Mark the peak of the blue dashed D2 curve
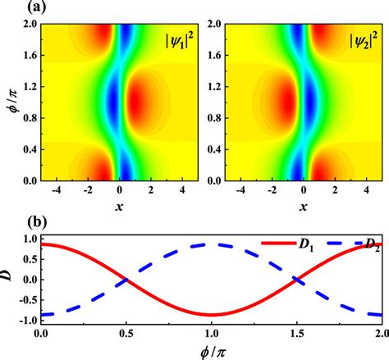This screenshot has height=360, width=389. tap(211, 244)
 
